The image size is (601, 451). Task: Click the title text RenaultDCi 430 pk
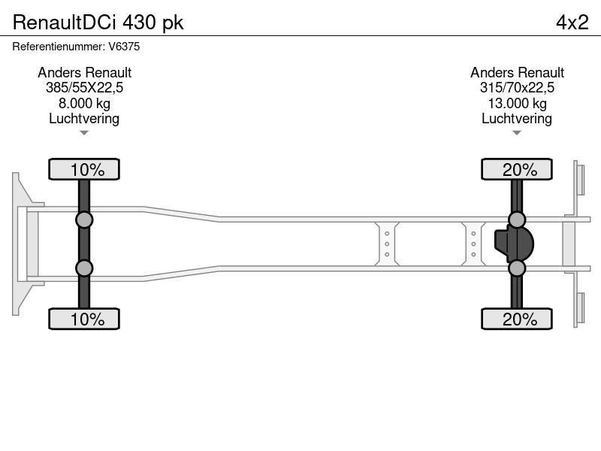click(x=98, y=23)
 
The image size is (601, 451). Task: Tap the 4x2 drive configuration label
click(x=572, y=23)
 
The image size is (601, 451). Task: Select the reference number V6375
click(x=124, y=47)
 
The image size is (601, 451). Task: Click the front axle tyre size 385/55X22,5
click(x=84, y=88)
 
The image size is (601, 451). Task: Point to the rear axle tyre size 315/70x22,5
click(x=517, y=88)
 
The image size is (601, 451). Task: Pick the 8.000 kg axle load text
click(x=84, y=104)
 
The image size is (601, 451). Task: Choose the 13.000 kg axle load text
click(x=517, y=104)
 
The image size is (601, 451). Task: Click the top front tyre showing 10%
click(x=84, y=169)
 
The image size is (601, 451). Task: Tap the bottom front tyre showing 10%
click(x=84, y=319)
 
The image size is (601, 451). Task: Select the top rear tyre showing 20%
click(x=517, y=169)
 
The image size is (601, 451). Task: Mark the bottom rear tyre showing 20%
click(x=517, y=319)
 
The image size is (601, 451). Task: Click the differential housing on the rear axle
click(x=514, y=244)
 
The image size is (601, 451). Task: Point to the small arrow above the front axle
click(x=84, y=133)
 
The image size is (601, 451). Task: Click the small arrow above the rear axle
click(x=517, y=133)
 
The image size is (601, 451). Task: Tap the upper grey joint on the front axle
click(x=84, y=220)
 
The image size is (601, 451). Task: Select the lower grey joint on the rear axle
click(x=517, y=268)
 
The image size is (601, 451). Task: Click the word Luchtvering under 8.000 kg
click(x=84, y=119)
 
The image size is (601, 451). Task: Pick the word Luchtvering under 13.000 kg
click(x=517, y=119)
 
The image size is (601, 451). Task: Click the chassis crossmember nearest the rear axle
click(x=473, y=244)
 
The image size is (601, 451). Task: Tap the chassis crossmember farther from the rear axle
click(x=387, y=244)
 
